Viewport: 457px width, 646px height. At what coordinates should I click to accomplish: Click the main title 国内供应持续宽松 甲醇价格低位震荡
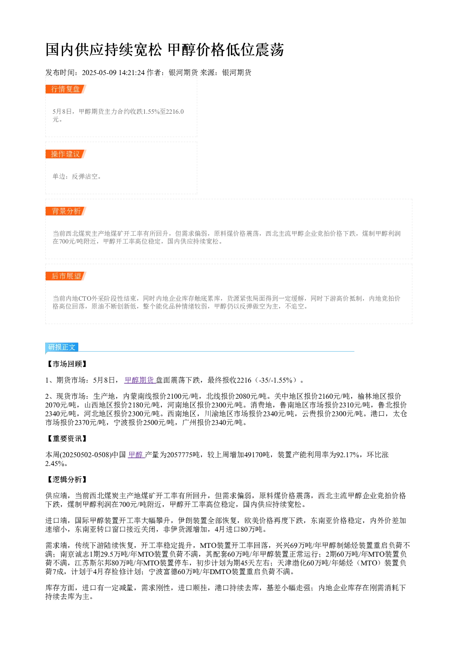164,50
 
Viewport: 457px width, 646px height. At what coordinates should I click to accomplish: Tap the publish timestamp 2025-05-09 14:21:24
113,72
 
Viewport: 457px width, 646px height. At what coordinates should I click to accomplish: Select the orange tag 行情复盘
65,89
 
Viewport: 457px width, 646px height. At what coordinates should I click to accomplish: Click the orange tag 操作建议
65,154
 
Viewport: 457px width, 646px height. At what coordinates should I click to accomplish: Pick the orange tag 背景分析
65,211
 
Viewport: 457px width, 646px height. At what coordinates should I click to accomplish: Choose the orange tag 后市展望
65,276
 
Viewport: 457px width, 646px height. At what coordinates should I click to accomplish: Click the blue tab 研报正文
62,347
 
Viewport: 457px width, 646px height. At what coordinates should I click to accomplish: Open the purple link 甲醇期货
140,380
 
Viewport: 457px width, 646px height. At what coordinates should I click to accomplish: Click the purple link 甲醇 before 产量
135,455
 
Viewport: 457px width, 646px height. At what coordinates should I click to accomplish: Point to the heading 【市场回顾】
67,364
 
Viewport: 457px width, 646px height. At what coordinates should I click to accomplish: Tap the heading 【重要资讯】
67,439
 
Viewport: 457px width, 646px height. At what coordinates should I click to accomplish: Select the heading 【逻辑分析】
67,480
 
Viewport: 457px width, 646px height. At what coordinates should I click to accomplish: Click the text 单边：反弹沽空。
77,176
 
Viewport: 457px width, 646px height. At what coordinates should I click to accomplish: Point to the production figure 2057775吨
184,455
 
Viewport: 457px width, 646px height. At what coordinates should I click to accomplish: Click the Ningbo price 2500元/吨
158,423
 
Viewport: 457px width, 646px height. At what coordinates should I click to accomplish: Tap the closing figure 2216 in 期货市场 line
244,380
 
